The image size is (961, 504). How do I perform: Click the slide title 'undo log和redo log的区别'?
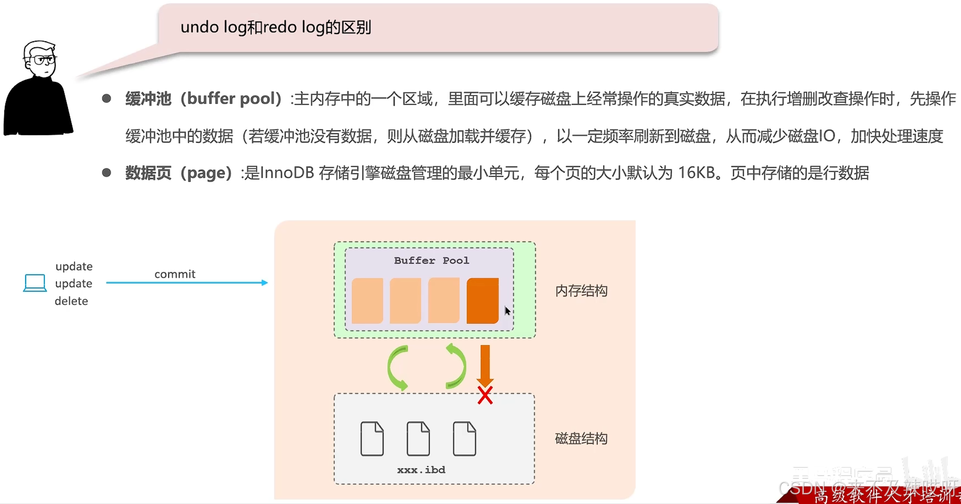click(x=276, y=28)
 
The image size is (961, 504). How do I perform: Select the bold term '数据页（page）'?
click(x=178, y=173)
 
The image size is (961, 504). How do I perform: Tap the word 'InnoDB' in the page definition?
click(x=287, y=173)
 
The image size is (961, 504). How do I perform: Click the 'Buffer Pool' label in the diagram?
click(x=431, y=261)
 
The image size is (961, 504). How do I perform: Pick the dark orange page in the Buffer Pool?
click(x=482, y=301)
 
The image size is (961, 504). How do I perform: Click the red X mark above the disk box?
click(x=485, y=395)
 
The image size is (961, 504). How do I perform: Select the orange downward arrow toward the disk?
click(x=485, y=365)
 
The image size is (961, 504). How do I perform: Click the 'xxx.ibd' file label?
click(x=421, y=470)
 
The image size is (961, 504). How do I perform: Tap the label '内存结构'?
click(x=581, y=291)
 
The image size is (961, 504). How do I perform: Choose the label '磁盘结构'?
click(x=581, y=439)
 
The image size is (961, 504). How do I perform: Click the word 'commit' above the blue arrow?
click(x=175, y=274)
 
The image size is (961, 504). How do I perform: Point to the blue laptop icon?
click(x=35, y=283)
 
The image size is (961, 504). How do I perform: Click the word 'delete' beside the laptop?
click(x=71, y=301)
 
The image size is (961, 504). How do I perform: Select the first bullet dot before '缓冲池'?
click(x=107, y=99)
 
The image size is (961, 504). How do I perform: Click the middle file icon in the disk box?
click(x=418, y=438)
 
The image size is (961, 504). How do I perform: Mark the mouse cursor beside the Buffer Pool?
click(x=507, y=311)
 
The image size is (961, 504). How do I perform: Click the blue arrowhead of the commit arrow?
click(x=264, y=283)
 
